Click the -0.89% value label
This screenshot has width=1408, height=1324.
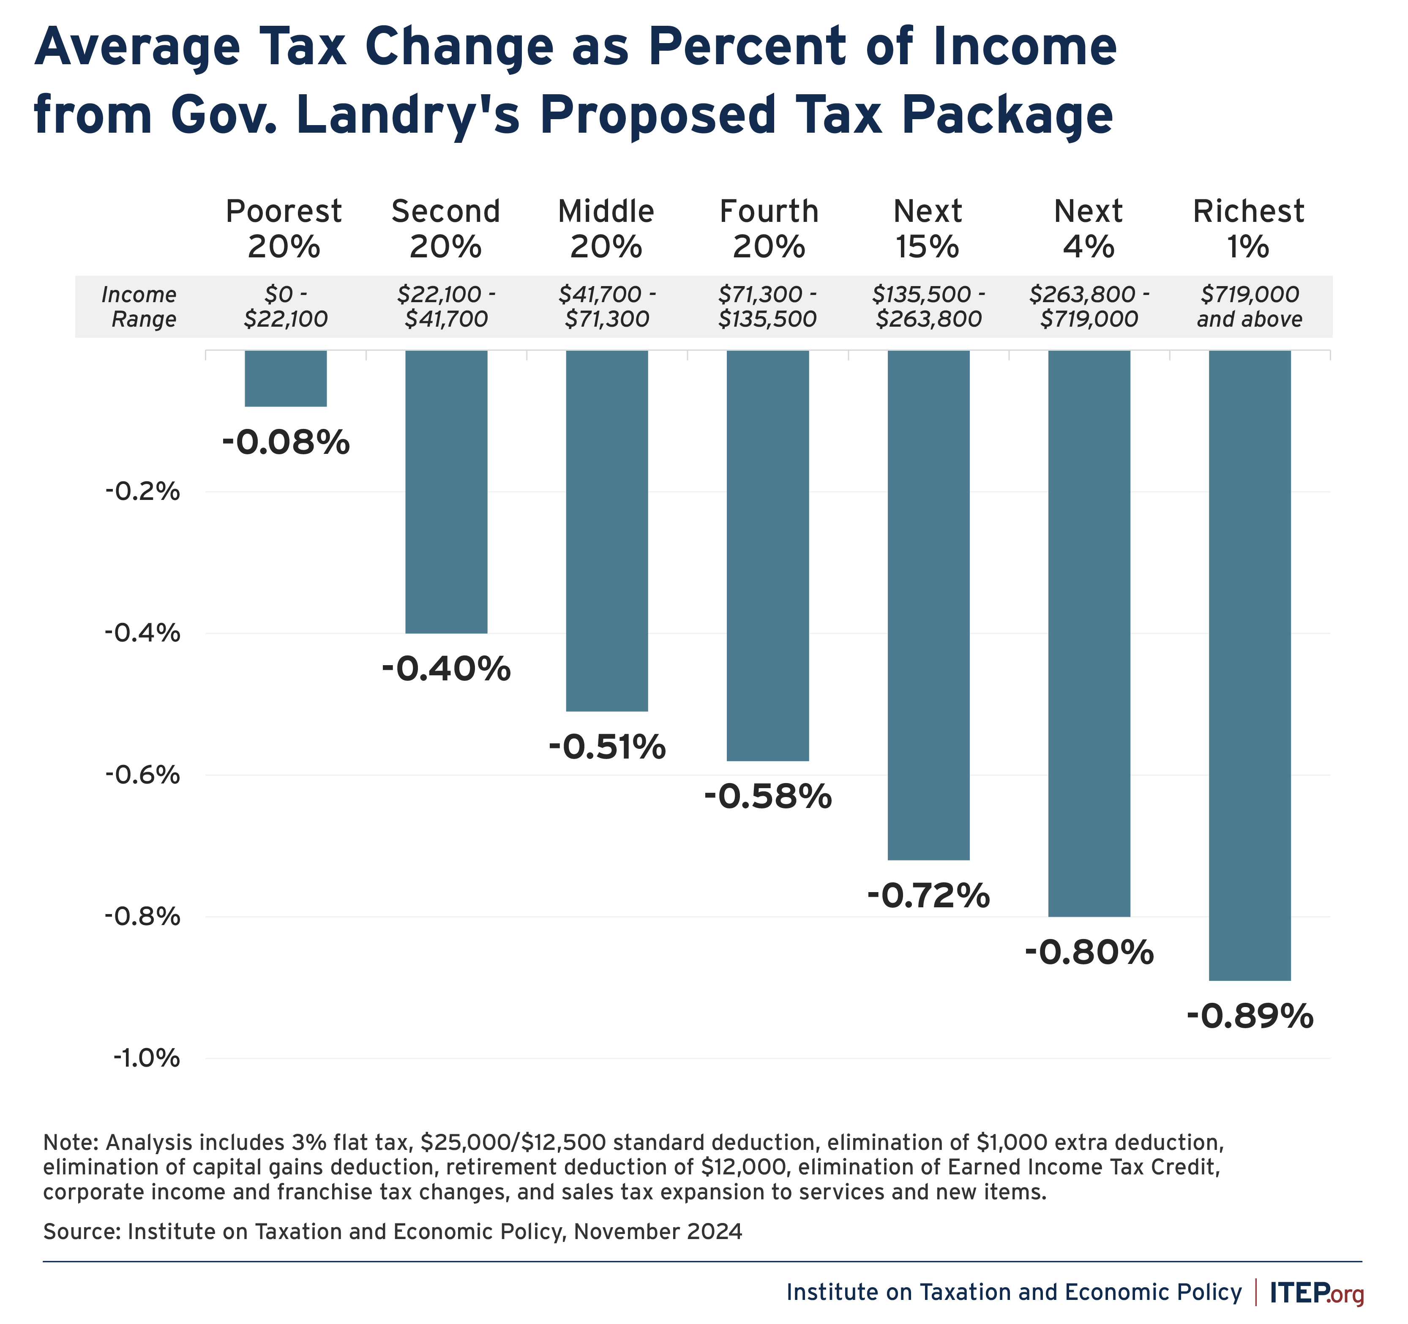pos(1250,1016)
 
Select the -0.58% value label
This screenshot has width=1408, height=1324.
pos(768,797)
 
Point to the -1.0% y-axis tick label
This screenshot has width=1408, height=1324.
pos(147,1058)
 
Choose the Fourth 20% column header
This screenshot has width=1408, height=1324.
pos(769,229)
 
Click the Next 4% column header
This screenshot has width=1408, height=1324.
pos(1089,229)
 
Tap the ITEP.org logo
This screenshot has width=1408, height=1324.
pos(1316,1292)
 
